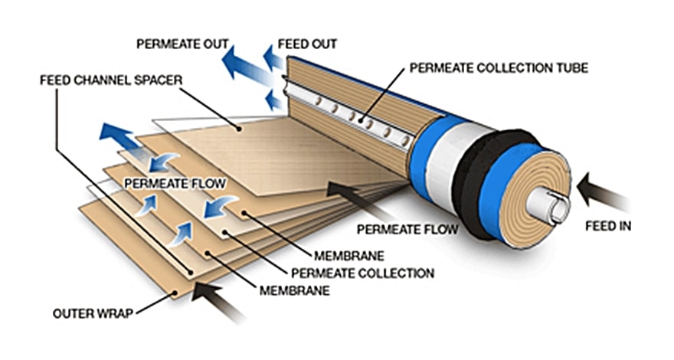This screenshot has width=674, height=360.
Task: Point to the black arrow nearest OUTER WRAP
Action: [218, 300]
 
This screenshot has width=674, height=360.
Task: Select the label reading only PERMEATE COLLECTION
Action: [362, 273]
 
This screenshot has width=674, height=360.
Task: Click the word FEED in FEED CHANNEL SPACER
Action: [53, 79]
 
